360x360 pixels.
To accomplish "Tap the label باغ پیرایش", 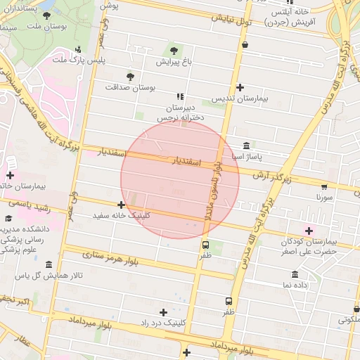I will [x=174, y=63].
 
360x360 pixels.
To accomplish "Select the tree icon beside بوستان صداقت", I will [x=129, y=76].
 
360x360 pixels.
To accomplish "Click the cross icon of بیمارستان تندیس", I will [x=240, y=88].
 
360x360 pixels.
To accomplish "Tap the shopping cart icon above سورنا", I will [x=323, y=187].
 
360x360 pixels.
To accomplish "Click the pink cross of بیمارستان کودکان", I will [x=308, y=231].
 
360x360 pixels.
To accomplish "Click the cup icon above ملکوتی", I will [x=356, y=308].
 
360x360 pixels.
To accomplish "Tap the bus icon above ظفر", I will [x=205, y=245].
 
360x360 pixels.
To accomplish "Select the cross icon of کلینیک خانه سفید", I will [x=121, y=205].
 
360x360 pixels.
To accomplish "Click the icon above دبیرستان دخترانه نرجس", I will [x=181, y=96].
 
